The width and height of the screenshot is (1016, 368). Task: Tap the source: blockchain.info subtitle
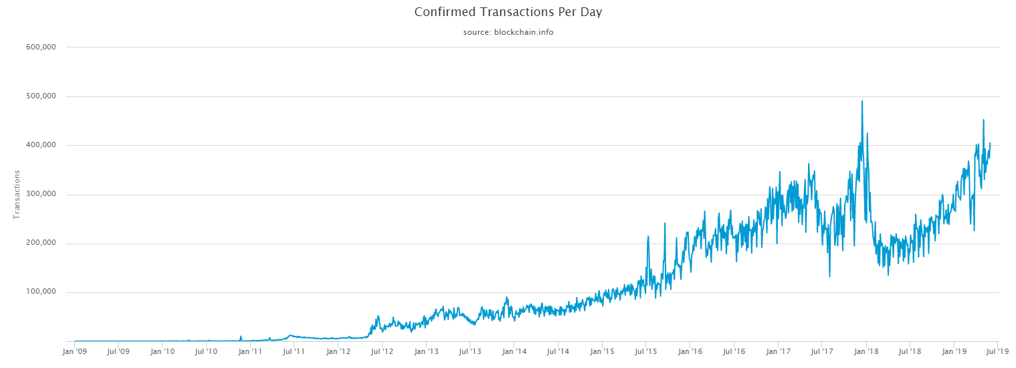508,32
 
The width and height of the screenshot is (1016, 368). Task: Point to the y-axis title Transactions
17,194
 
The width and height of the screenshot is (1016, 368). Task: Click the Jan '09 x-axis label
74,351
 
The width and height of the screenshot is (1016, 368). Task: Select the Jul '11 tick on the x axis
294,351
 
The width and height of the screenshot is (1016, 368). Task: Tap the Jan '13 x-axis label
426,351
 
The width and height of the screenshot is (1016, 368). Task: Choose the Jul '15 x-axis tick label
646,351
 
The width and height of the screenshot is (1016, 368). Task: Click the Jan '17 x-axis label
779,351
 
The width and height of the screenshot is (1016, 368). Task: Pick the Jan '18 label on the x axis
867,351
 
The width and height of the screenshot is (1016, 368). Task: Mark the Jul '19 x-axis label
998,351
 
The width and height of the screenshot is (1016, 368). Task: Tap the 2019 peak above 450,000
983,120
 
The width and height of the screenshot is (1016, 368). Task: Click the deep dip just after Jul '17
829,276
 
